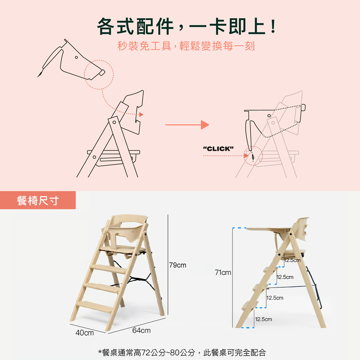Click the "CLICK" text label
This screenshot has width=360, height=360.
tap(219, 149)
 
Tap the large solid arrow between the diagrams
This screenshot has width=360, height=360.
tap(187, 125)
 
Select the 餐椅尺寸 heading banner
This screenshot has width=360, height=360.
tap(38, 200)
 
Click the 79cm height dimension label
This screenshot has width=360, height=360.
tap(177, 265)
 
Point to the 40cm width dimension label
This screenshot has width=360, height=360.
tap(85, 333)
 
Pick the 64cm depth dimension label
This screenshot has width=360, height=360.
tap(141, 330)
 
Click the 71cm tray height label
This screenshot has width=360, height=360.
tap(223, 272)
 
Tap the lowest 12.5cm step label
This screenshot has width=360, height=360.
tap(264, 319)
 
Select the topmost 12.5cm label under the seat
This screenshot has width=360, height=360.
tap(292, 260)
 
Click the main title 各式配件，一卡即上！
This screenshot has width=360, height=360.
tap(187, 26)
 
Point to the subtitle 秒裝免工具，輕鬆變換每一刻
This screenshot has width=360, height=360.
tap(186, 46)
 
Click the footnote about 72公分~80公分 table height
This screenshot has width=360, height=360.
tap(182, 352)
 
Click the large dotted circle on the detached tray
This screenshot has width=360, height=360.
tap(99, 60)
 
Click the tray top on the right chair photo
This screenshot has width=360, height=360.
tap(269, 229)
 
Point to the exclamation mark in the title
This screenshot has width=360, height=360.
tap(273, 26)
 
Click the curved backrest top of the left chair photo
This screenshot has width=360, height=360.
tap(129, 217)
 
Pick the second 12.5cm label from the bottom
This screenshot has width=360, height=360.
tap(275, 298)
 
